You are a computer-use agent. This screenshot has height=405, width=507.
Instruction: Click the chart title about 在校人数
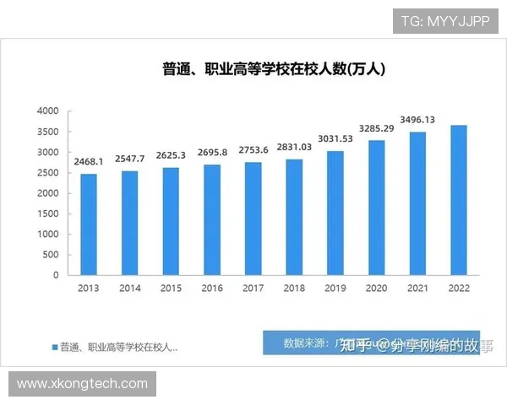click(x=274, y=70)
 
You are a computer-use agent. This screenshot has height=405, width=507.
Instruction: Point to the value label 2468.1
click(x=89, y=161)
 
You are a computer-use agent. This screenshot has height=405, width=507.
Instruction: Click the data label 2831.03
click(x=295, y=146)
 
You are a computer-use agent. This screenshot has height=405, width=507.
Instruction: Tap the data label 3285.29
click(x=377, y=128)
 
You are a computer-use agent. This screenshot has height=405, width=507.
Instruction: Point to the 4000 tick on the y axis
click(x=48, y=111)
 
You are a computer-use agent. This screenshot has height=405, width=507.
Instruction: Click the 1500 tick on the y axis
click(x=48, y=213)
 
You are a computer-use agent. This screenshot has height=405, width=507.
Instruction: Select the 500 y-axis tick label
click(x=52, y=254)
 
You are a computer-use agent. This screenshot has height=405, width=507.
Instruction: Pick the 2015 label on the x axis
click(x=172, y=288)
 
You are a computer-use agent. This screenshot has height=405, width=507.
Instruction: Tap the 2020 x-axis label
click(x=377, y=288)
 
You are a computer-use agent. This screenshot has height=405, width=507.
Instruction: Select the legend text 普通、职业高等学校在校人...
click(x=118, y=346)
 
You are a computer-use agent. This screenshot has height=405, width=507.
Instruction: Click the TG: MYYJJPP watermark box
click(x=445, y=20)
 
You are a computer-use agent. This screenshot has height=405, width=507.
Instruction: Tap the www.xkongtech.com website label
click(x=82, y=384)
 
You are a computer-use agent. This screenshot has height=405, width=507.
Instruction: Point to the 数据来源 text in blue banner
click(x=301, y=343)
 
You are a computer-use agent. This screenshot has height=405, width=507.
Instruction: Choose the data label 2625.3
click(x=172, y=156)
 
